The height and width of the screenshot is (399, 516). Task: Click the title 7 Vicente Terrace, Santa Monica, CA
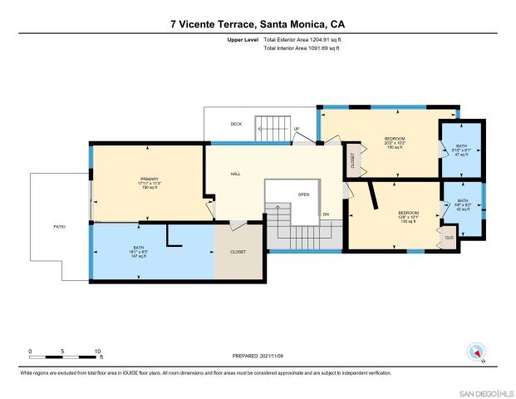click(257, 24)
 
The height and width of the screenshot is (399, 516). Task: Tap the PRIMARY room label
click(149, 180)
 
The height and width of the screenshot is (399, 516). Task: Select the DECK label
click(236, 124)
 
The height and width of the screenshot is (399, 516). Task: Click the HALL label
click(235, 174)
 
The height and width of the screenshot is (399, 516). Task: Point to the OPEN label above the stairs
click(303, 195)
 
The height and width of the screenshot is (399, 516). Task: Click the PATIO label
click(60, 226)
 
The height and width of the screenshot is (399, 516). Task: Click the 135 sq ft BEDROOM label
click(407, 218)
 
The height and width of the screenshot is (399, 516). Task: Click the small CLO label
click(449, 236)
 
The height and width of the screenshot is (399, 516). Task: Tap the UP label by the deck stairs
click(297, 129)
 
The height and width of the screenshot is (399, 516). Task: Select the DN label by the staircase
click(326, 215)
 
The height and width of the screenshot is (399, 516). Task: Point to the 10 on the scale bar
click(98, 351)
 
